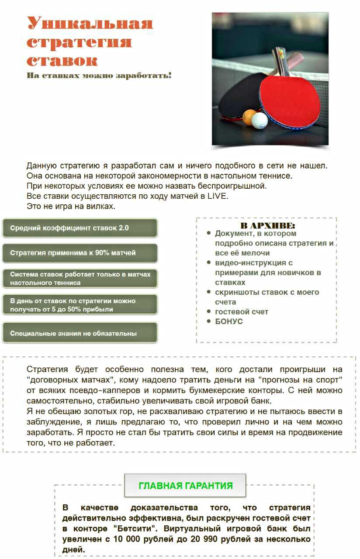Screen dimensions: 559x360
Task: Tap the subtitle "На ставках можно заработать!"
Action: tap(99, 76)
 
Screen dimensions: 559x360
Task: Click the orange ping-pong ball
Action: tap(249, 117)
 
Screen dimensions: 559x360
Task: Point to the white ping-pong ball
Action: tap(259, 121)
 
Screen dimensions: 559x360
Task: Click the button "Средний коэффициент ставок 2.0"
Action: tap(80, 228)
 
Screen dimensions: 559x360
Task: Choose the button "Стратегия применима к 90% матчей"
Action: tap(80, 253)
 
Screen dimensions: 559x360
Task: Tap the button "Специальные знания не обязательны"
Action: tap(80, 333)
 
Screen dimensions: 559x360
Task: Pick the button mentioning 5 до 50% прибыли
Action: tap(80, 305)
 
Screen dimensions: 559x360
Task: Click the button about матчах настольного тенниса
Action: tap(80, 279)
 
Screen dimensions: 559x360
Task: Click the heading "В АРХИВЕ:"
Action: tap(267, 226)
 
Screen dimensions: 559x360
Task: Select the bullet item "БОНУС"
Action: tap(229, 321)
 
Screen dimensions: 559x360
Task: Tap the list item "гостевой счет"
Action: tap(242, 312)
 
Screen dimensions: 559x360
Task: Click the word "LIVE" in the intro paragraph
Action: tap(218, 196)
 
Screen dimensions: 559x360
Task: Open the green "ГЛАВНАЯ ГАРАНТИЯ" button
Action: tap(185, 486)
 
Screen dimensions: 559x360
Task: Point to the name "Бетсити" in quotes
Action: tap(140, 528)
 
